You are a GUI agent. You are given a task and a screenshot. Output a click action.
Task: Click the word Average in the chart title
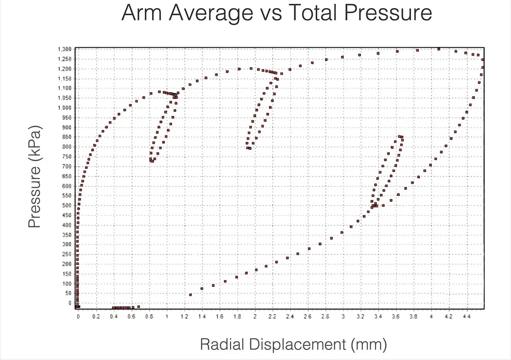point(211,13)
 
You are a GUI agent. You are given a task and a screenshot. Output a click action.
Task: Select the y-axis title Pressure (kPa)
point(34,176)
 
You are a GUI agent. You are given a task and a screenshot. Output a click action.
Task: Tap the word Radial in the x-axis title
point(222,344)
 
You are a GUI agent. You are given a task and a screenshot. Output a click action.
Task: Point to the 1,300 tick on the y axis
point(65,49)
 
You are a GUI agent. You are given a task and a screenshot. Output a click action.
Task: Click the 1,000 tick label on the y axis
point(65,108)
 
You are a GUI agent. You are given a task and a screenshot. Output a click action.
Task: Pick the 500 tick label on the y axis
point(67,205)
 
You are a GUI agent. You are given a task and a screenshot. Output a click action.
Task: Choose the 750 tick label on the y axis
point(67,157)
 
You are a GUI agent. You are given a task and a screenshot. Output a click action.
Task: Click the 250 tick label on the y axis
point(67,254)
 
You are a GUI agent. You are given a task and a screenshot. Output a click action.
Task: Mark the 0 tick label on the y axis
point(70,303)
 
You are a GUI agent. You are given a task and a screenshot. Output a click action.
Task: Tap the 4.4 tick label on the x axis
point(467,317)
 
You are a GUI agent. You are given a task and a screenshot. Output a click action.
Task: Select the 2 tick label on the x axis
point(255,317)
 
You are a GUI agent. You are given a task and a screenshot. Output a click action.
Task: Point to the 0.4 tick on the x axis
point(114,317)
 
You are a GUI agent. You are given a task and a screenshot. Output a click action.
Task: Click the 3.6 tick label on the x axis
point(396,317)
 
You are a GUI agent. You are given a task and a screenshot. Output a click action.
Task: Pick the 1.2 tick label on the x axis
point(184,317)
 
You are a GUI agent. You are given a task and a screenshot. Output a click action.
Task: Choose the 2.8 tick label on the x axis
point(325,317)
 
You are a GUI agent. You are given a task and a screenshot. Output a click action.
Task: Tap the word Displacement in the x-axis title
point(298,344)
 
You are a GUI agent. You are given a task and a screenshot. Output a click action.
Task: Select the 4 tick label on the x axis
point(431,317)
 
